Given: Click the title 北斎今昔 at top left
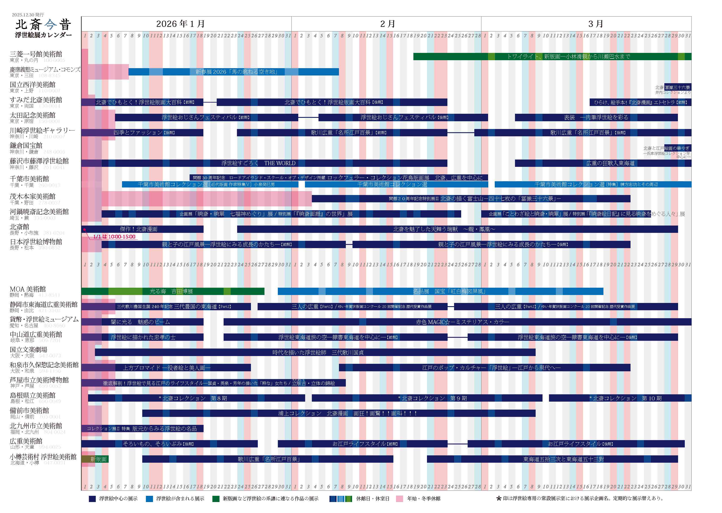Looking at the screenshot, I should (x=43, y=24).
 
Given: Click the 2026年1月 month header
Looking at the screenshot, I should (x=181, y=24).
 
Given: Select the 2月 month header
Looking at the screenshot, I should (x=388, y=24).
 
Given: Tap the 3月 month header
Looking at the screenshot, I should (x=595, y=24).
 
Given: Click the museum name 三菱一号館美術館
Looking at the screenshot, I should (x=36, y=54).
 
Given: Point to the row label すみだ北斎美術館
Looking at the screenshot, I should (x=36, y=100).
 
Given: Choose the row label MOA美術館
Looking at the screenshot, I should (x=28, y=289).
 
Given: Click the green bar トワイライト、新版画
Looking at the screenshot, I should (x=568, y=57).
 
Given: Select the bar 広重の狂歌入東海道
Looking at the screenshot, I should (x=610, y=163).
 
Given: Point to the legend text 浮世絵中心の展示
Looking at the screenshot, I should (x=118, y=498).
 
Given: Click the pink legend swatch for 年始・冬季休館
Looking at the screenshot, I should (x=400, y=498).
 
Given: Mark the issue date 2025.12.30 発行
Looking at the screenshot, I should (x=28, y=15).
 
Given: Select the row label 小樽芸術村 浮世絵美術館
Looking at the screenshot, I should (x=43, y=457).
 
